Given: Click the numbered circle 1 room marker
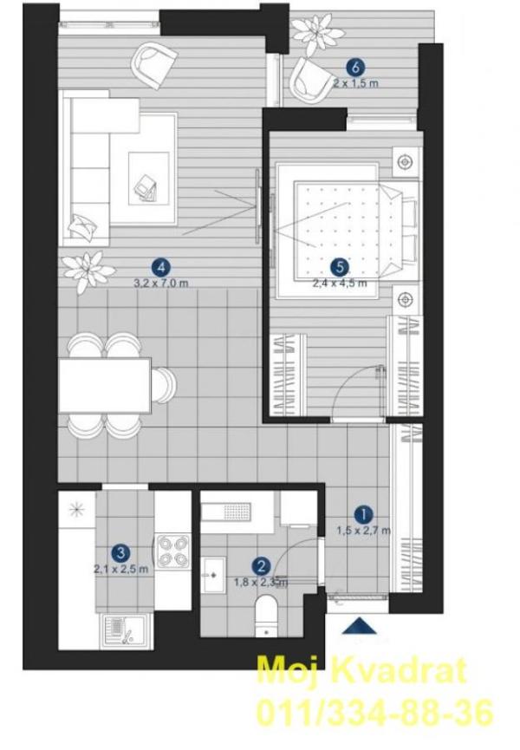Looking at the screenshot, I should point(364,513).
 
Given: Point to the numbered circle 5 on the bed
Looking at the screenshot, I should point(340,267).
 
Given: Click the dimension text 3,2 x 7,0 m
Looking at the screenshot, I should point(160,282).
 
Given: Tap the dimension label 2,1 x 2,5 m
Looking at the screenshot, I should point(122,569).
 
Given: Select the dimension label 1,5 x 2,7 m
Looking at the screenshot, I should point(364,530).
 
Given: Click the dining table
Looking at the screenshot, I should point(105,383).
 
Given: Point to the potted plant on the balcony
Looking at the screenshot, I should point(316,30).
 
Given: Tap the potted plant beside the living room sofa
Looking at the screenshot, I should point(88,269).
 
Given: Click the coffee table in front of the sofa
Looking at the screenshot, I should point(147,178).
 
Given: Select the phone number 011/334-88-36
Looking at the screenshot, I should point(373,711).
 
